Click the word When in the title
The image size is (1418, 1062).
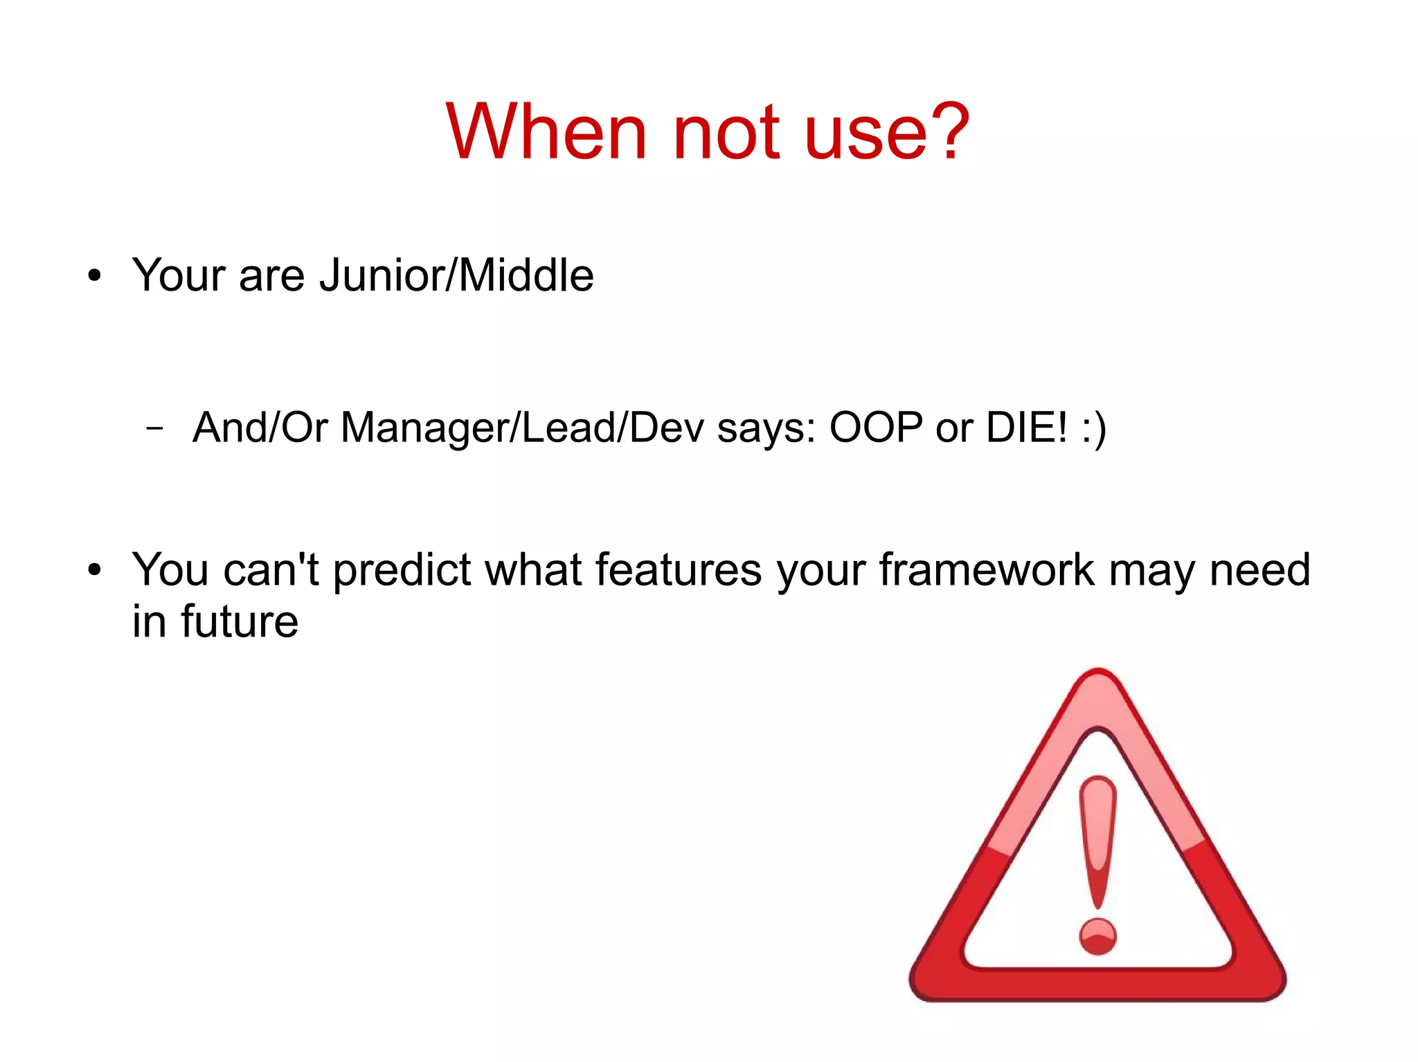pos(546,131)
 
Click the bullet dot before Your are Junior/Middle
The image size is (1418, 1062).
pos(95,276)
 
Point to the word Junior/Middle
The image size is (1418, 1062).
pos(456,275)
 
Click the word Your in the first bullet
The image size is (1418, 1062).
pos(179,275)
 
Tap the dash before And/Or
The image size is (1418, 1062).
pos(155,428)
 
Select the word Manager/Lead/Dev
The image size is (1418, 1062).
pos(522,428)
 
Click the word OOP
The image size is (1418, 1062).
pos(876,428)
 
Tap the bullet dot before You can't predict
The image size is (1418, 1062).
pos(95,570)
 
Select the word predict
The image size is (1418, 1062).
pos(402,571)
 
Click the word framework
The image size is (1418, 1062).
pos(987,570)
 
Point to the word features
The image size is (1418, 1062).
pos(679,570)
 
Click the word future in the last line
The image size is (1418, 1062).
pos(240,621)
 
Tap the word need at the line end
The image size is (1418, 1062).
pos(1259,570)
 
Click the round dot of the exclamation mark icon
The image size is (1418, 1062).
pos(1097,936)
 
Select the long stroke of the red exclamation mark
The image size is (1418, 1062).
pos(1097,837)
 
